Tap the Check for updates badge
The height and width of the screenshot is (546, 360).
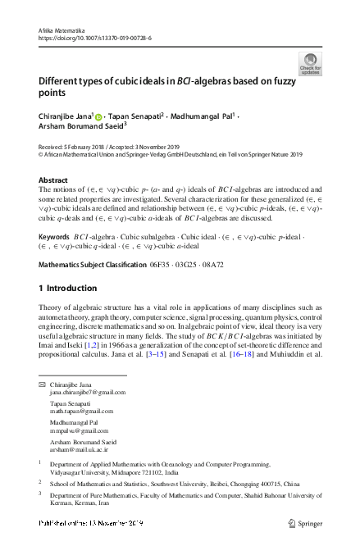311,65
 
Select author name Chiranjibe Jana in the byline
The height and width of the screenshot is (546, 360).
65,116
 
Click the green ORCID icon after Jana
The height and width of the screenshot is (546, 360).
99,117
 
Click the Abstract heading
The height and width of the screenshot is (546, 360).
54,178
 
